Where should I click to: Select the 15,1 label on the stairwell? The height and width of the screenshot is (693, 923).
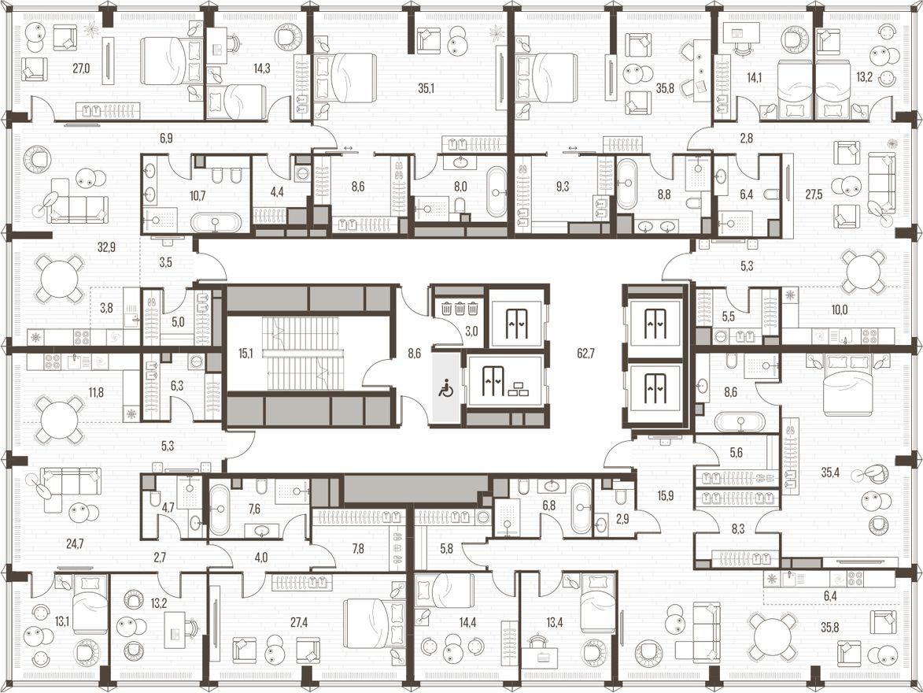tap(246, 354)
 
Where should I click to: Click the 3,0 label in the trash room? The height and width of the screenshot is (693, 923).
tap(471, 332)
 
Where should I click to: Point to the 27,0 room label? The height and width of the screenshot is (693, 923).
tap(81, 69)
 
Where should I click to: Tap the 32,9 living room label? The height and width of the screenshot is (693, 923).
tap(106, 247)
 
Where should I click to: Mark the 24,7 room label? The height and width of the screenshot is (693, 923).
tap(75, 544)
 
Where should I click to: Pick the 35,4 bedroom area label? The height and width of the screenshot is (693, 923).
tap(830, 472)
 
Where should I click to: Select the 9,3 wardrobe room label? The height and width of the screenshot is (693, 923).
tap(562, 187)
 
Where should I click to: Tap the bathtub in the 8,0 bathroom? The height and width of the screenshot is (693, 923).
tap(497, 191)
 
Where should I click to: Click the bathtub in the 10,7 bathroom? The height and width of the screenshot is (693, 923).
tap(216, 223)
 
